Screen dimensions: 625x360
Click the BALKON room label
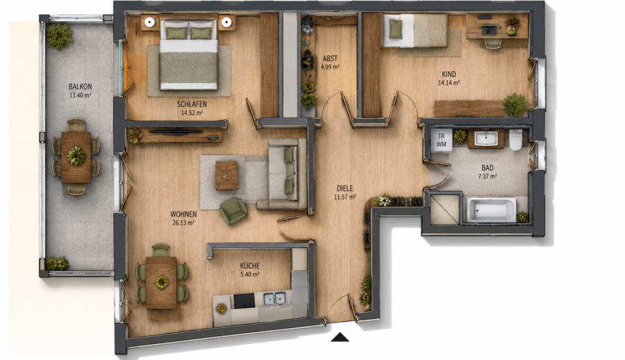pyautogui.click(x=80, y=86)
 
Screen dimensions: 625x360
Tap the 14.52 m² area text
pyautogui.click(x=192, y=113)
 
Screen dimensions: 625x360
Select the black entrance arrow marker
pyautogui.click(x=340, y=337)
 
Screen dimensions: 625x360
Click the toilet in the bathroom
pyautogui.click(x=515, y=140)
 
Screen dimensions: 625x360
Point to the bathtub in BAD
pyautogui.click(x=492, y=209)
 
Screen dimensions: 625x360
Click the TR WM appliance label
pyautogui.click(x=441, y=140)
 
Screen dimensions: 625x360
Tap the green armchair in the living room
pyautogui.click(x=233, y=211)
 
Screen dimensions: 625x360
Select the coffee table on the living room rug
pyautogui.click(x=227, y=175)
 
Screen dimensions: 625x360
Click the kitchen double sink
pyautogui.click(x=274, y=299)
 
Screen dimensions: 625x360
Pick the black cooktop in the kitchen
pyautogui.click(x=244, y=300)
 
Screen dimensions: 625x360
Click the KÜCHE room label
pyautogui.click(x=250, y=265)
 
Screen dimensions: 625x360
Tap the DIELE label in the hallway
pyautogui.click(x=344, y=188)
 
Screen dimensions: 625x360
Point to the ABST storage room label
pyautogui.click(x=330, y=58)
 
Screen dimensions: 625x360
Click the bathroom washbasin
pyautogui.click(x=485, y=138)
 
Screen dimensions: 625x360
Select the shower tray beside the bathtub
pyautogui.click(x=445, y=208)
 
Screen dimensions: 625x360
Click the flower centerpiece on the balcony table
pyautogui.click(x=76, y=156)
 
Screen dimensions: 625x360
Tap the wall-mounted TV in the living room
pyautogui.click(x=176, y=131)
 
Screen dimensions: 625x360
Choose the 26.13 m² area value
pyautogui.click(x=183, y=223)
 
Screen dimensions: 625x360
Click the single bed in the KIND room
pyautogui.click(x=415, y=31)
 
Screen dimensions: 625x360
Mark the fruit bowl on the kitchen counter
pyautogui.click(x=222, y=308)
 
